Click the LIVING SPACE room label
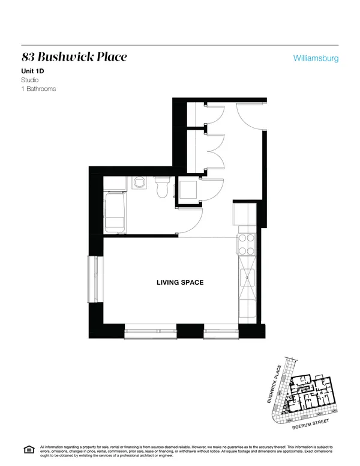tap(179, 282)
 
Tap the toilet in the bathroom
tap(161, 187)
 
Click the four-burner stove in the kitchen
tap(247, 244)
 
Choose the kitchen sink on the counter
tap(247, 277)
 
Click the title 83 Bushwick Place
tap(74, 58)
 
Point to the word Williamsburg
tap(316, 59)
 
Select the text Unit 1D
tap(35, 71)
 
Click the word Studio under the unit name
tap(30, 80)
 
